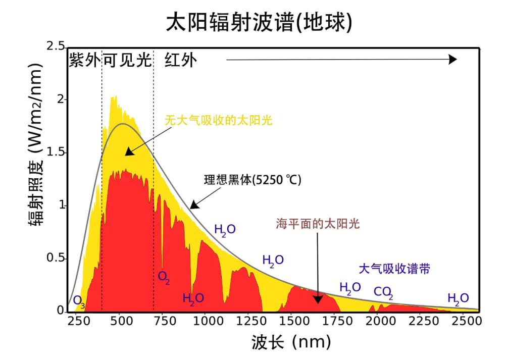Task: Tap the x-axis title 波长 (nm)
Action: coord(291,343)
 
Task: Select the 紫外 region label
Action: coord(85,60)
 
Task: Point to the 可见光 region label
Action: coord(127,60)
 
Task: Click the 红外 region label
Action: coord(180,60)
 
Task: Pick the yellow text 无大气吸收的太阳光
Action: coord(218,121)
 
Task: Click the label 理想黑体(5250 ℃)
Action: coord(252,180)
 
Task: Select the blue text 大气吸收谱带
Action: coord(394,268)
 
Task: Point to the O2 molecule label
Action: coord(164,277)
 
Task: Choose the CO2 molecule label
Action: coord(383,292)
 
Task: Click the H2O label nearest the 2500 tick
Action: coord(458,298)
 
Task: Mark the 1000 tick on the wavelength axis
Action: coord(206,321)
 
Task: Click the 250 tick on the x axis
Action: coord(77,321)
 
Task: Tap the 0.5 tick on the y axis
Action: coord(55,258)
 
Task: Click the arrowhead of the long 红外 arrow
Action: coord(452,60)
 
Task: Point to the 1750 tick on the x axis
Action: coord(334,321)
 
